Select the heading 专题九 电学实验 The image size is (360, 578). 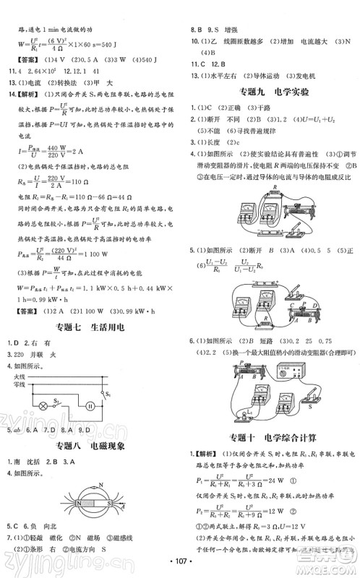pyautogui.click(x=270, y=91)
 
